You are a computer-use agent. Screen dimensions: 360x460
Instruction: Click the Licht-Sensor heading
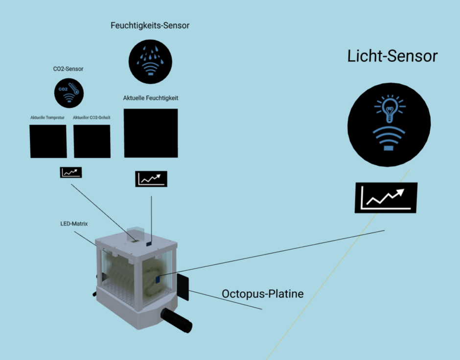[x=392, y=56]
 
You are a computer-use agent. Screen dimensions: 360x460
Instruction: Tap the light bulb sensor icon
[x=389, y=123]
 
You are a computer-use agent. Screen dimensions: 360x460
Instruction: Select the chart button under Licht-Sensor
[x=386, y=198]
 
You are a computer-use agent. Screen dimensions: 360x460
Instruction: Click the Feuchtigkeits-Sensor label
[x=150, y=25]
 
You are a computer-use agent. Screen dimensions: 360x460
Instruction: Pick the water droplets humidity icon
[x=150, y=60]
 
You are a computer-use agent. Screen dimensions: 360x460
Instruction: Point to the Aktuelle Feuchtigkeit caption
[x=151, y=98]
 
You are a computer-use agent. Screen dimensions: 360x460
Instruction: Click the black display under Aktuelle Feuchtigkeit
[x=151, y=133]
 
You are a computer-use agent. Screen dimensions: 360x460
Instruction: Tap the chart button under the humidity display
[x=151, y=179]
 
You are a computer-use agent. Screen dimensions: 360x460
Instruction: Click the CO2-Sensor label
[x=68, y=69]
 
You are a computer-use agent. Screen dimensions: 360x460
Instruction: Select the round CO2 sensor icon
[x=69, y=93]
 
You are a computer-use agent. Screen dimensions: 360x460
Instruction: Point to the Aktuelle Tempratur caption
[x=47, y=118]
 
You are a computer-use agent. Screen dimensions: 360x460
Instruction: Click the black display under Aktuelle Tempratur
[x=48, y=141]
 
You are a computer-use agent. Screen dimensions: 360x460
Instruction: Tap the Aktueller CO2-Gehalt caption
[x=92, y=118]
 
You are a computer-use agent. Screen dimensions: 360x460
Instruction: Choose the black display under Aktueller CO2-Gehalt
[x=92, y=141]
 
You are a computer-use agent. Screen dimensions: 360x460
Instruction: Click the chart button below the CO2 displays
[x=71, y=172]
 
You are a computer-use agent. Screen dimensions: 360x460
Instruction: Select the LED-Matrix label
[x=70, y=224]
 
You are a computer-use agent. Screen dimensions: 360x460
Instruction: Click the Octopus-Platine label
[x=263, y=294]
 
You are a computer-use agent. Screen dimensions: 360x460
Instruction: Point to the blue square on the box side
[x=158, y=279]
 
